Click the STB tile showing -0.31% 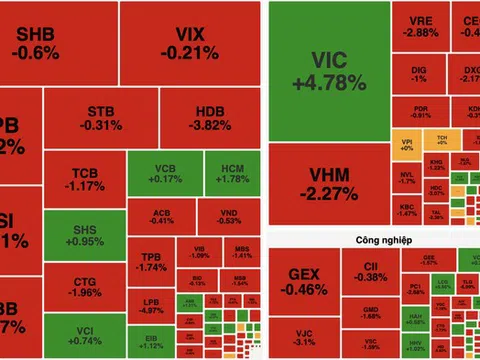point(100,117)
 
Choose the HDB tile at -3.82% point(208,117)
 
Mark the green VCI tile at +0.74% point(84,335)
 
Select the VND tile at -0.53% point(230,215)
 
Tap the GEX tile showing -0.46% point(303,281)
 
